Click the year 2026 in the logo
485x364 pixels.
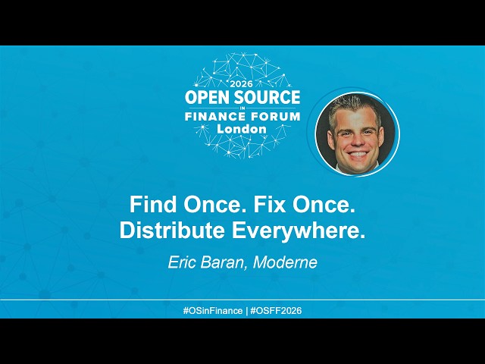(242, 83)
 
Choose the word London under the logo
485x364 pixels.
(242, 129)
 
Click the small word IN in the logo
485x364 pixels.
(242, 108)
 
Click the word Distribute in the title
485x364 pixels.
(172, 231)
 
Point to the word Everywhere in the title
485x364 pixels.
(296, 231)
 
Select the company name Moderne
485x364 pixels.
(285, 262)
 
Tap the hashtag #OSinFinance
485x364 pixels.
(213, 310)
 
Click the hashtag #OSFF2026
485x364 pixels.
(276, 310)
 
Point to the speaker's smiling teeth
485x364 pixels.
(358, 154)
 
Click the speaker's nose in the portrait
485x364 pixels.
(357, 140)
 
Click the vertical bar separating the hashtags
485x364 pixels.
(246, 310)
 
